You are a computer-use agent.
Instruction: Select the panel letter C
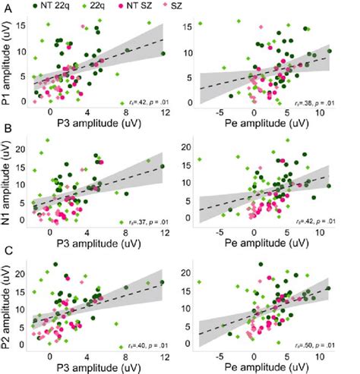7,248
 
